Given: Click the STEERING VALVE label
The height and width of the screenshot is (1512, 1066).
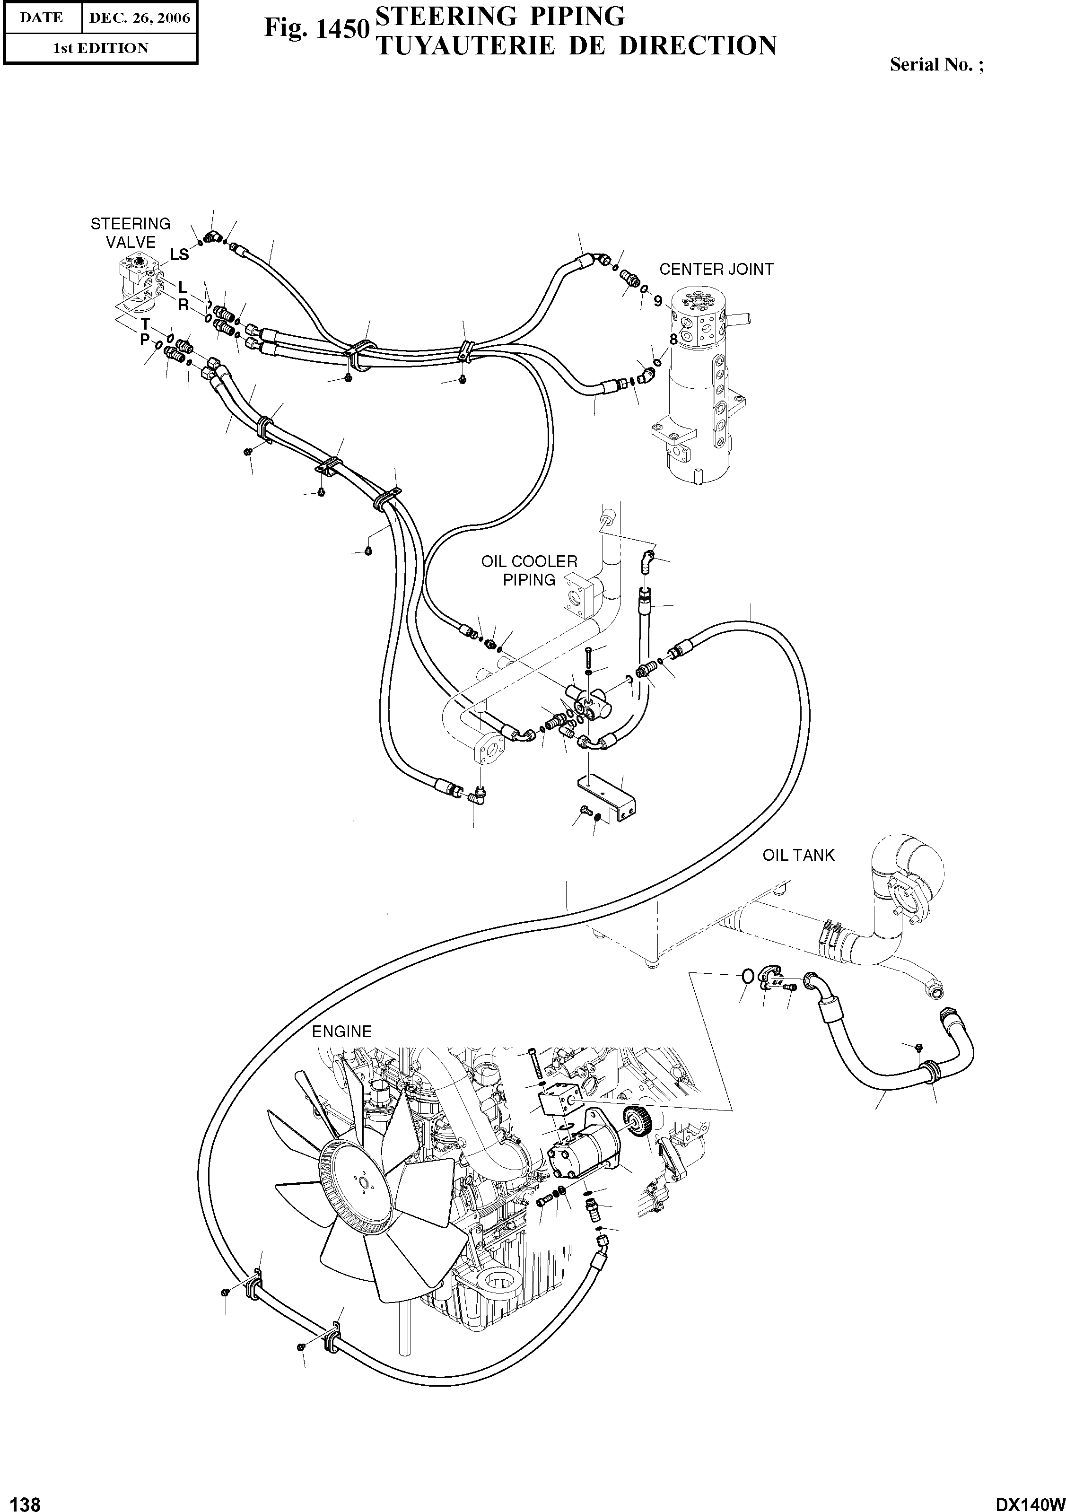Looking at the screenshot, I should [x=131, y=233].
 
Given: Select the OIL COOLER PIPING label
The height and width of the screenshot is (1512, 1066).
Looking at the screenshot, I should [x=529, y=570].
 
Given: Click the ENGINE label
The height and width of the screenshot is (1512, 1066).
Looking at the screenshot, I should [x=342, y=1031].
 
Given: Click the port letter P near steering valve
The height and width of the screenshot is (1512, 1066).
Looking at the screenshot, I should [x=145, y=341].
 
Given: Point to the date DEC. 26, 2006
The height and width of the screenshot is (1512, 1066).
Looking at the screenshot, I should [x=139, y=18].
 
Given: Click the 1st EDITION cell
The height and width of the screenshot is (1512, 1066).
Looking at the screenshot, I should [x=100, y=48].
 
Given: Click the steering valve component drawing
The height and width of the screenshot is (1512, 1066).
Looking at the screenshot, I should [x=138, y=280].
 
